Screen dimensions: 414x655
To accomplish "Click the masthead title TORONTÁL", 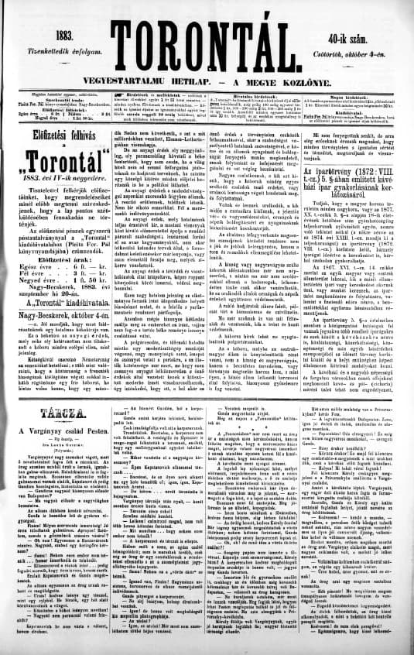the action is [x=207, y=34].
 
